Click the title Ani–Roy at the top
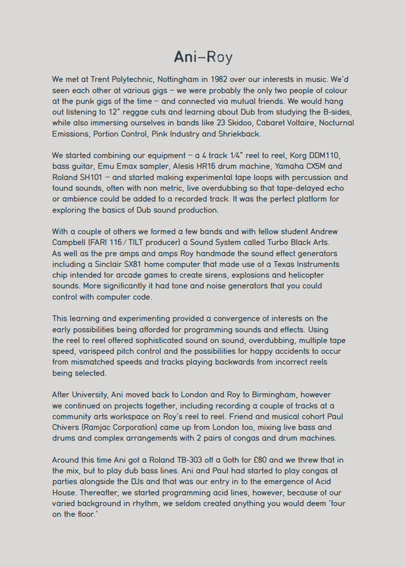[x=203, y=56]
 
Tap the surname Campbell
[x=68, y=242]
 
